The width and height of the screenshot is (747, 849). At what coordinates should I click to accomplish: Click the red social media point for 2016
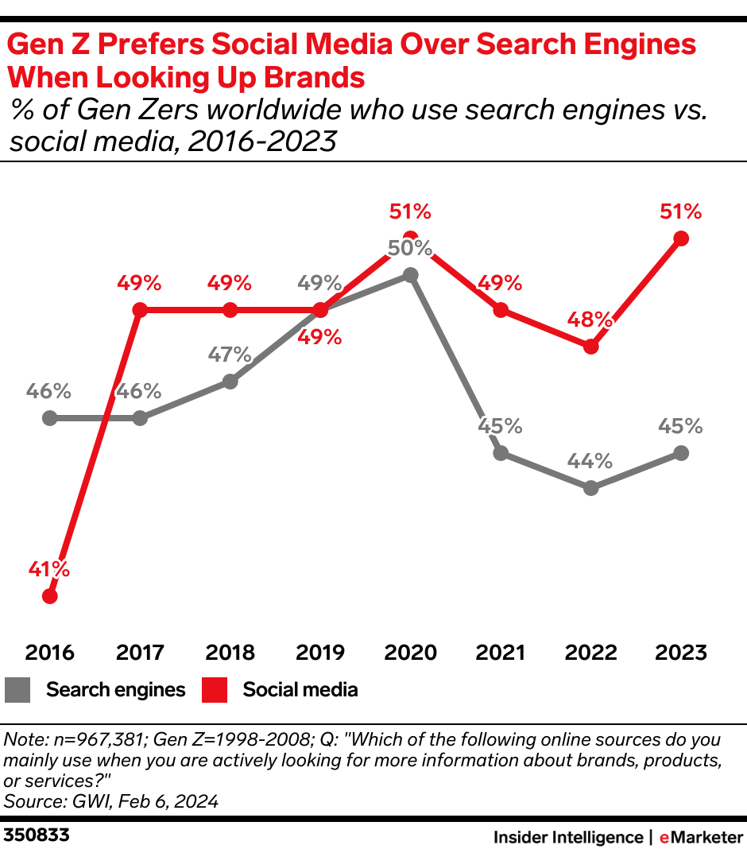(50, 596)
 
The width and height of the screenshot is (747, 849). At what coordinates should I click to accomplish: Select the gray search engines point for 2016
(50, 417)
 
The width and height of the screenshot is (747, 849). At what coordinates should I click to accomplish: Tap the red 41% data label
(48, 569)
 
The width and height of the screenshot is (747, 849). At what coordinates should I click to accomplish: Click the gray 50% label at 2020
(410, 247)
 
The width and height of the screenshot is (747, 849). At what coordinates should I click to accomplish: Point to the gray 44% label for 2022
(590, 461)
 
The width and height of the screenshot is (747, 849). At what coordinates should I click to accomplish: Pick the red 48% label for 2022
(590, 320)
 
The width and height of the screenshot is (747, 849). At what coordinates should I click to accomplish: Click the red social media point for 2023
(680, 238)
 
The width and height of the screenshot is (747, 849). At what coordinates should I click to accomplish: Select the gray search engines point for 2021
(500, 453)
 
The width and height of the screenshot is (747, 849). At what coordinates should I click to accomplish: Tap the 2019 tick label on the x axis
(320, 653)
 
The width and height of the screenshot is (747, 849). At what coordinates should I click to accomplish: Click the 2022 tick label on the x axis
(590, 653)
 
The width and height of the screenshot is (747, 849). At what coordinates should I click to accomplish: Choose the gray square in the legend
(17, 690)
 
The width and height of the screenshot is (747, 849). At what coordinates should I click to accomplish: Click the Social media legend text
(300, 690)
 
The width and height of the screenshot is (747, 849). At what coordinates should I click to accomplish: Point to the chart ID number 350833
(37, 835)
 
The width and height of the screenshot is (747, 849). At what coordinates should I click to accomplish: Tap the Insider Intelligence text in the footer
(567, 836)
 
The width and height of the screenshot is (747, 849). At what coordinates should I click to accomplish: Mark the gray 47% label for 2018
(230, 355)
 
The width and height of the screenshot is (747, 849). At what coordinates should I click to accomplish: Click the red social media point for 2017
(140, 310)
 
